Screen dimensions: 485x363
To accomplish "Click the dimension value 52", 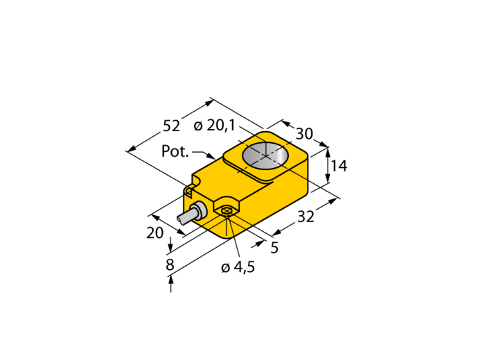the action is click(171, 126).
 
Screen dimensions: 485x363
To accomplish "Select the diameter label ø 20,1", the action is click(215, 126).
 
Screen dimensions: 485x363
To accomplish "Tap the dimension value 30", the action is click(305, 134).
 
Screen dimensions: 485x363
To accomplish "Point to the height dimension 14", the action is click(339, 166).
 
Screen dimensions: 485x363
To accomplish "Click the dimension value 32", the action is click(306, 217).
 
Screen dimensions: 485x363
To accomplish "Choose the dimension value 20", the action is click(155, 233).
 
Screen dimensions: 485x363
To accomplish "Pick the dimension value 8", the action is click(170, 265).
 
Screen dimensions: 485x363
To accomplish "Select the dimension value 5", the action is click(274, 248).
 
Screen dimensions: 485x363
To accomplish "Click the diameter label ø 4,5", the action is click(238, 267).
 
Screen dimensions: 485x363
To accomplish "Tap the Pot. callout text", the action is click(175, 151).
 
